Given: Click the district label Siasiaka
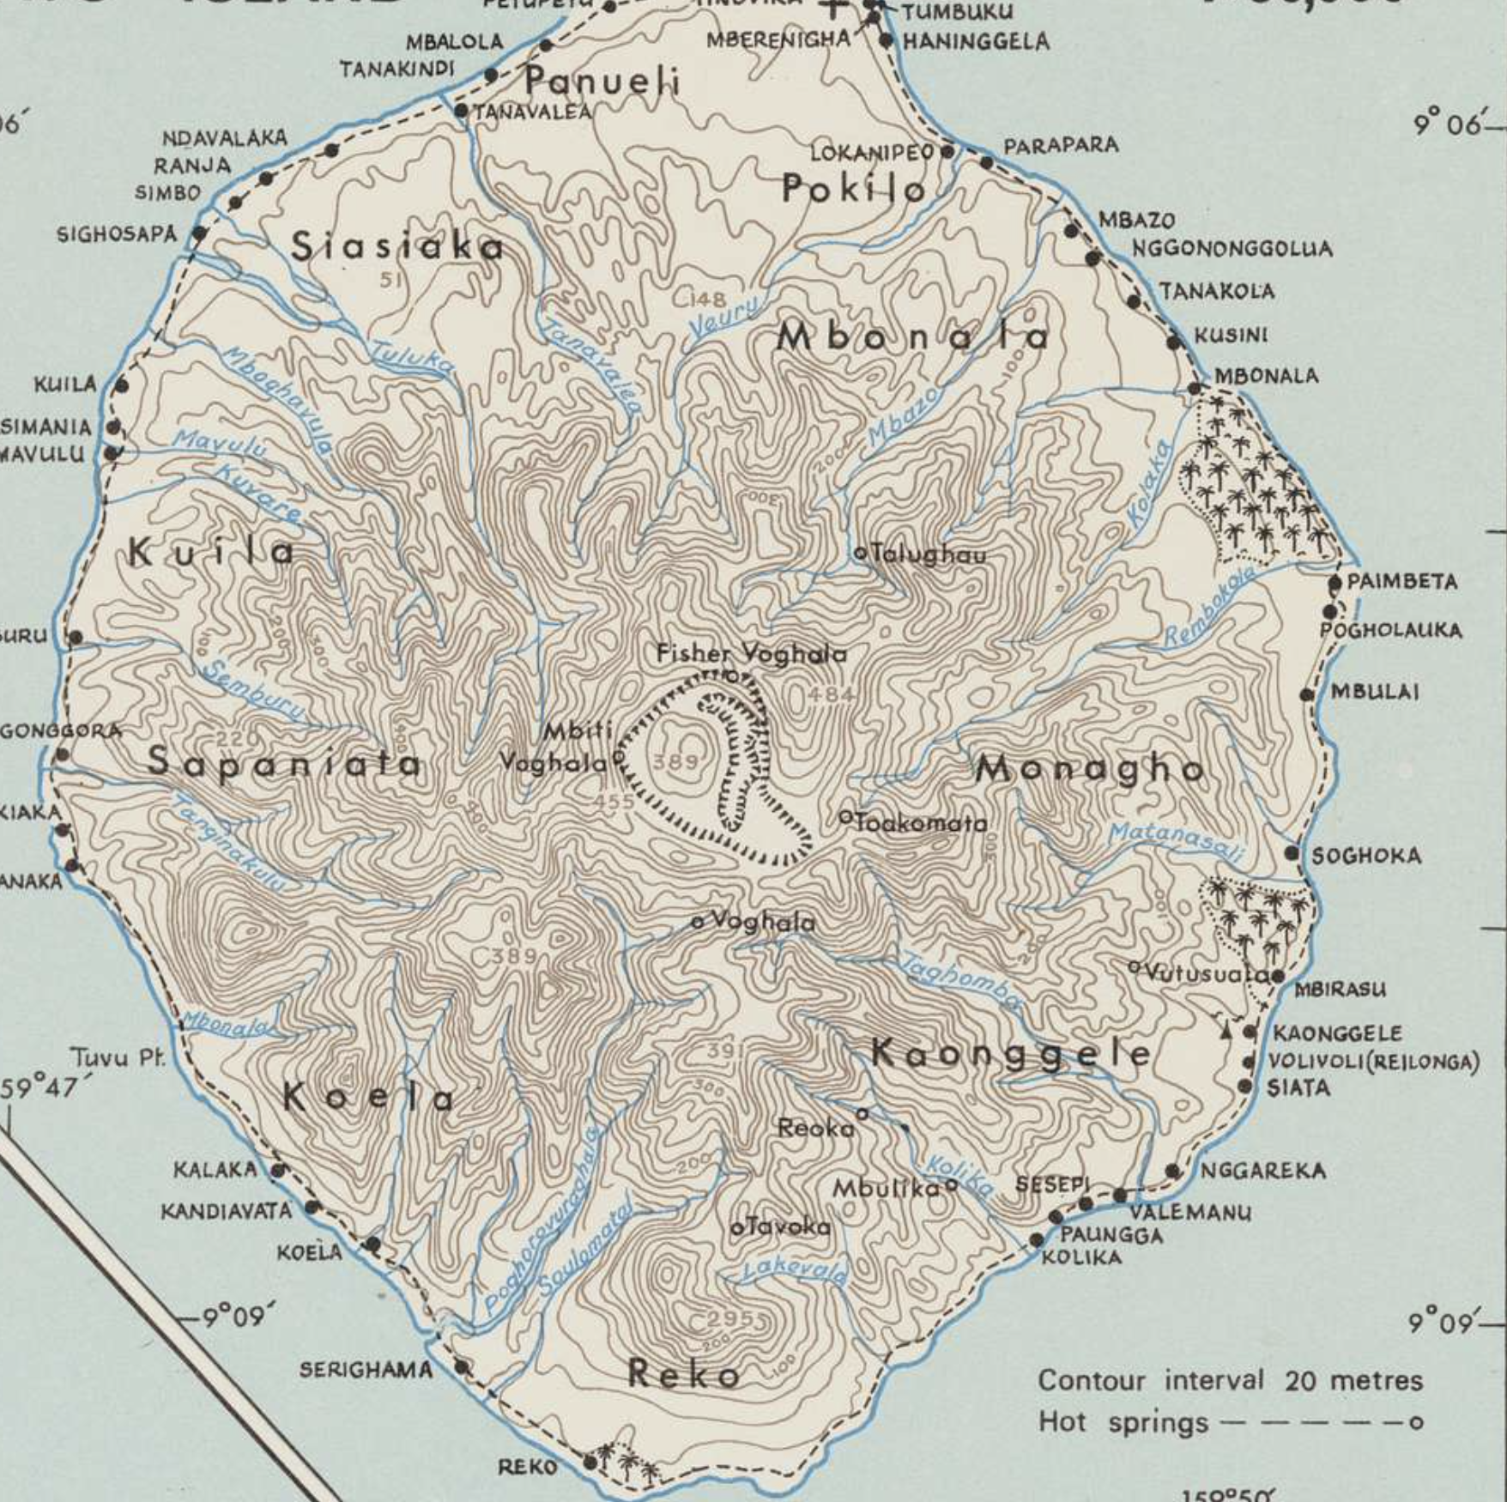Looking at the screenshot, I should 397,247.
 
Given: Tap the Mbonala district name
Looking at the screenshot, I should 912,336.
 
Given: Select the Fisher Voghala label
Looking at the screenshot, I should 751,654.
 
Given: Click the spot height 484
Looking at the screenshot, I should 830,694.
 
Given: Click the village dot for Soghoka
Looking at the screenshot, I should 1292,853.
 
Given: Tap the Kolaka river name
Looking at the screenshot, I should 1150,483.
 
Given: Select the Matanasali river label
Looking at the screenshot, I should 1175,842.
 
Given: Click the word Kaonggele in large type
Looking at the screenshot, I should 1010,1053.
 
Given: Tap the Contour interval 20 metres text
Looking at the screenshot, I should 1230,1381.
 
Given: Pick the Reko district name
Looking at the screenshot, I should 684,1375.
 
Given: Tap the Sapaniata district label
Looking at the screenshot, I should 284,762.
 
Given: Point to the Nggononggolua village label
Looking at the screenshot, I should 1232,249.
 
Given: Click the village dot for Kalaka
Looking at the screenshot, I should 277,1170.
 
